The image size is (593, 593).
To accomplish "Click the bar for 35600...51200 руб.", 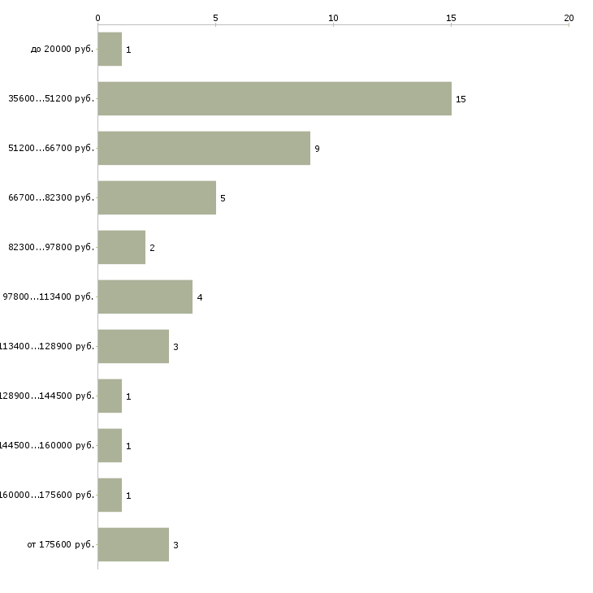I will coord(275,98).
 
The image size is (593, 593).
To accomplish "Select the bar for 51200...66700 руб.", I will coord(204,148).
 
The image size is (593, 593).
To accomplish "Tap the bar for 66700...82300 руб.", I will coord(157,197).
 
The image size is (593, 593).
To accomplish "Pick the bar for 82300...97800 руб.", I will coord(122,247).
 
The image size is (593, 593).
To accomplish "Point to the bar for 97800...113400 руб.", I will coord(145,296).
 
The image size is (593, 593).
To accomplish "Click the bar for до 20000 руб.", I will coord(110,49).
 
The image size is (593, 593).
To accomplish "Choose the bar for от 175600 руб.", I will coord(133,544).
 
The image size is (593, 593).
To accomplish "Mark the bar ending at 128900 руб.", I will coord(133,346).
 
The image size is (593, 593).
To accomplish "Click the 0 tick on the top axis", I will coord(98,17).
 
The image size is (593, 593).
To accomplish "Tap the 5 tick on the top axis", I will coord(215,17).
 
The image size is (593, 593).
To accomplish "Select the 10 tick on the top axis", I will coord(333,17).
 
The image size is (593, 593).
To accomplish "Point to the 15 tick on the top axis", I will coord(451,17).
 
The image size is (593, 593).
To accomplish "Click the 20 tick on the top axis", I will coord(569,17).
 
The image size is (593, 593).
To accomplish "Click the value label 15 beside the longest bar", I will coord(461,99).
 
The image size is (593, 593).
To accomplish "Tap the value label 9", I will coord(317,149).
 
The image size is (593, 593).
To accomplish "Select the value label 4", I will coord(199,297).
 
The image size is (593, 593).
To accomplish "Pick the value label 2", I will coord(152,248).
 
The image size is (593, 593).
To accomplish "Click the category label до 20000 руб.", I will coord(63,50).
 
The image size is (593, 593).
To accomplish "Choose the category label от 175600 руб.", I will coord(60,545).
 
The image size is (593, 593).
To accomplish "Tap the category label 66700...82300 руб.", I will coord(51,198).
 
